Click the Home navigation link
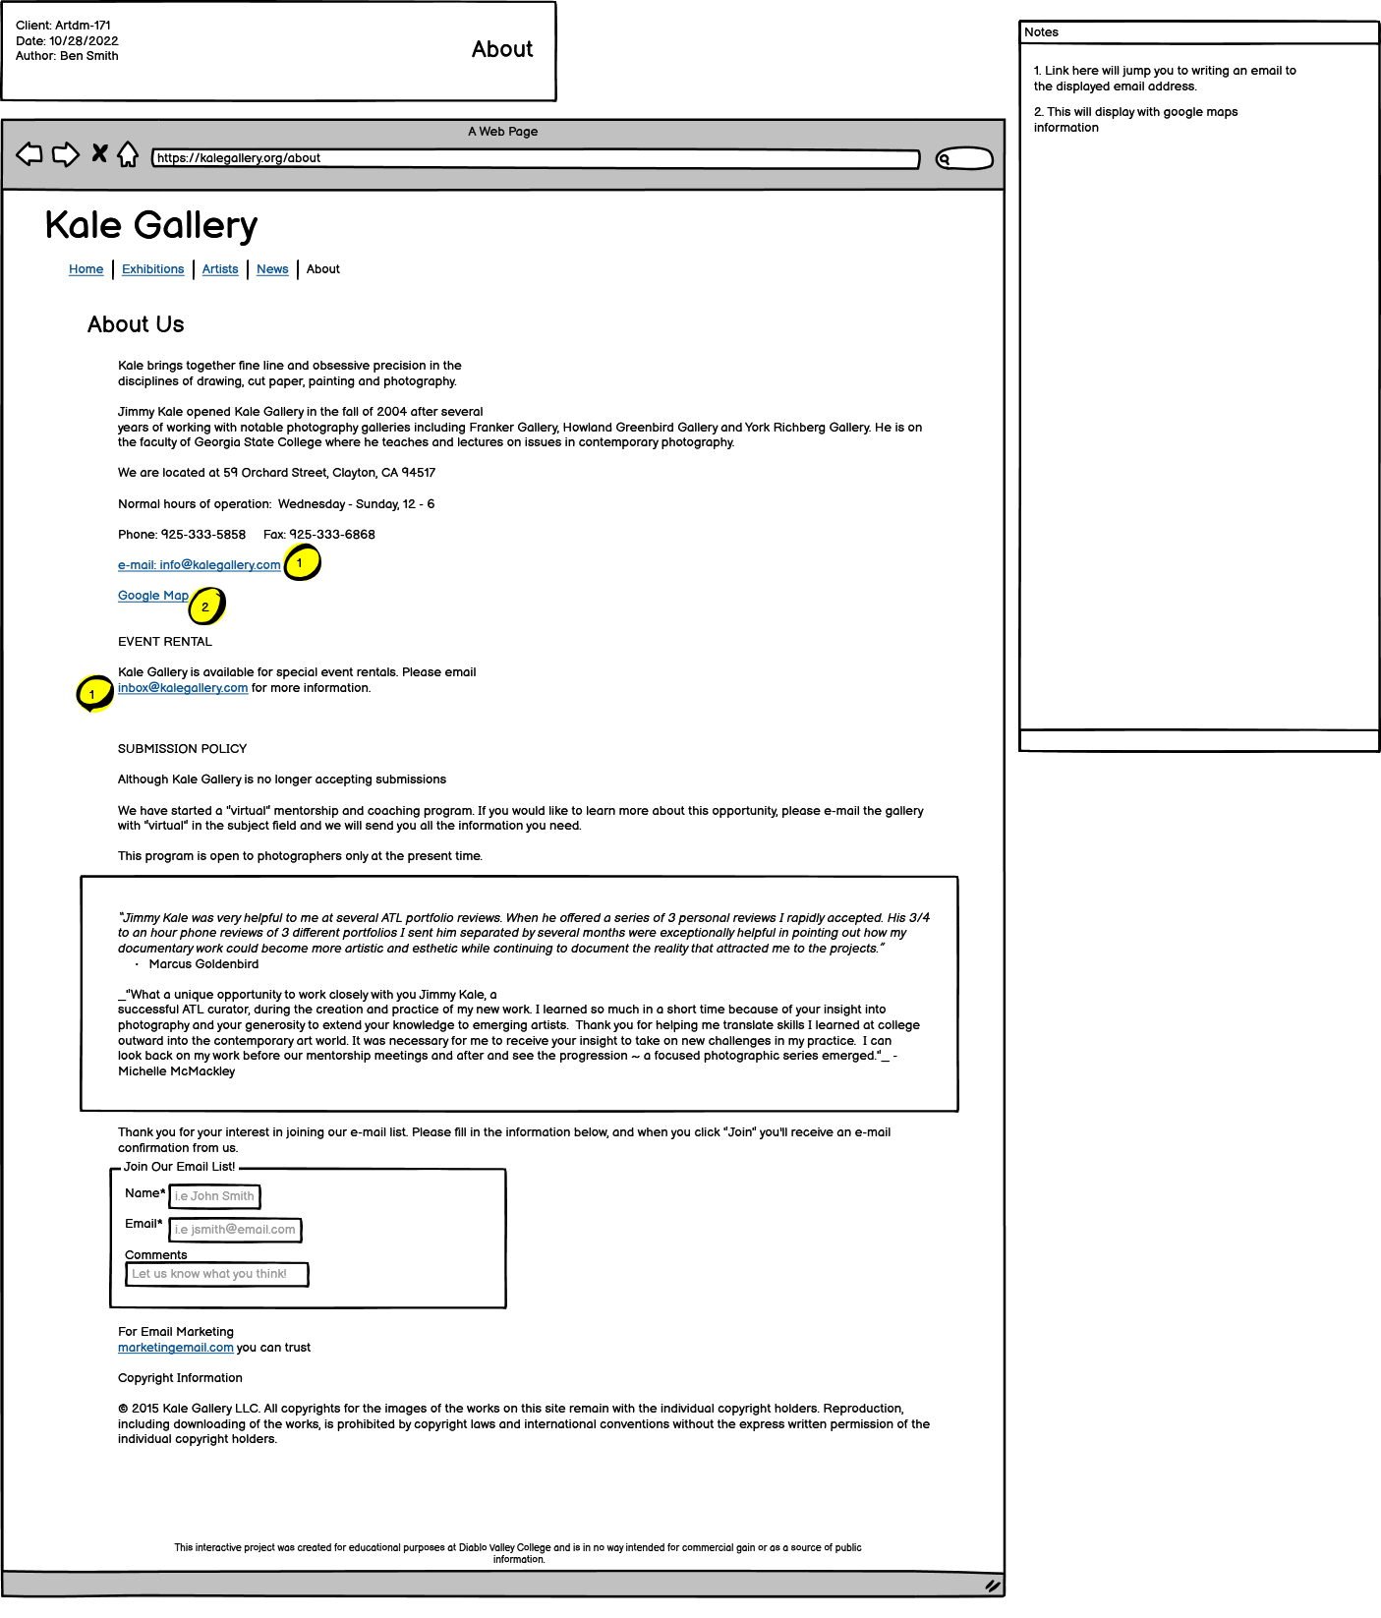86,269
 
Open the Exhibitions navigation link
152,269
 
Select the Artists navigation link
220,269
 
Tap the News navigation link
272,269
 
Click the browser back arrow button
29,154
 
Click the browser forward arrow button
66,154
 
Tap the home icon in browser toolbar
128,154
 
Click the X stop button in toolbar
99,153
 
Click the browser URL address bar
536,158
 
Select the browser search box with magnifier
964,159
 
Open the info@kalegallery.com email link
199,565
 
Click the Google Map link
153,596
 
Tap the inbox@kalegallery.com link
183,688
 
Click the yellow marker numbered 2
206,607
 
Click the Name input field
214,1196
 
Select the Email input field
235,1230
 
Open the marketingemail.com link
176,1348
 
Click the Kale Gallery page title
151,225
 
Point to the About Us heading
136,324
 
